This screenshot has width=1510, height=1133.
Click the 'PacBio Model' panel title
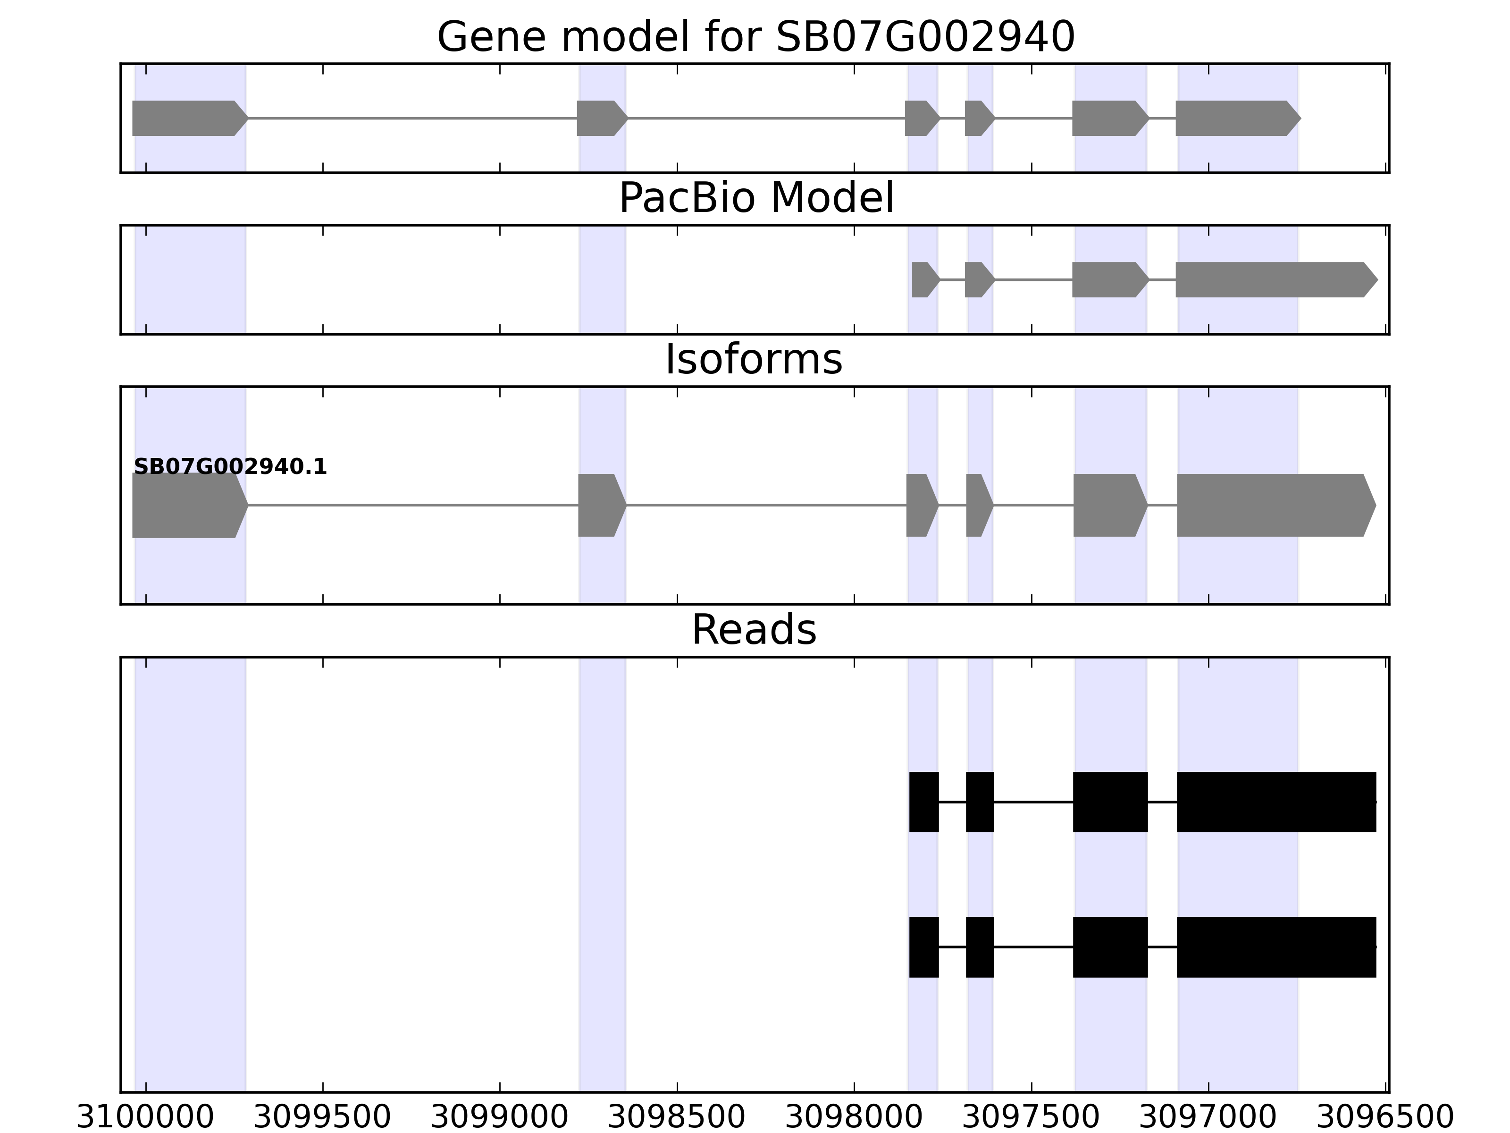755,198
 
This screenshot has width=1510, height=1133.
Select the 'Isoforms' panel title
754,360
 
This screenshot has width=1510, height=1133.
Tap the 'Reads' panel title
754,630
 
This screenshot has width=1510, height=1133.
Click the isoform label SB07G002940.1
230,467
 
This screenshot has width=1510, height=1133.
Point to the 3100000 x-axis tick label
145,1118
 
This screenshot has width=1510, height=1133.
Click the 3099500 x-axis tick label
322,1118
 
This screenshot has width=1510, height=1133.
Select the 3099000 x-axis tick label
500,1118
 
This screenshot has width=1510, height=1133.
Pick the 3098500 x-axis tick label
677,1118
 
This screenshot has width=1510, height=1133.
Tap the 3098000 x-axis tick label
854,1118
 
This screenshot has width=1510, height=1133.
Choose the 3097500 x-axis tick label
1031,1118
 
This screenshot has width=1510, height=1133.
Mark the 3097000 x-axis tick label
1208,1118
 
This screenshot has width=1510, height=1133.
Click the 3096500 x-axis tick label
1385,1118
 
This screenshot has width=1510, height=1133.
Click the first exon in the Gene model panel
188,118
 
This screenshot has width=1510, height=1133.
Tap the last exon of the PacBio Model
1274,279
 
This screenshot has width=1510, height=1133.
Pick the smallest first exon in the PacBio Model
923,279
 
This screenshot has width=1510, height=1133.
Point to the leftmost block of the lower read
923,947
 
